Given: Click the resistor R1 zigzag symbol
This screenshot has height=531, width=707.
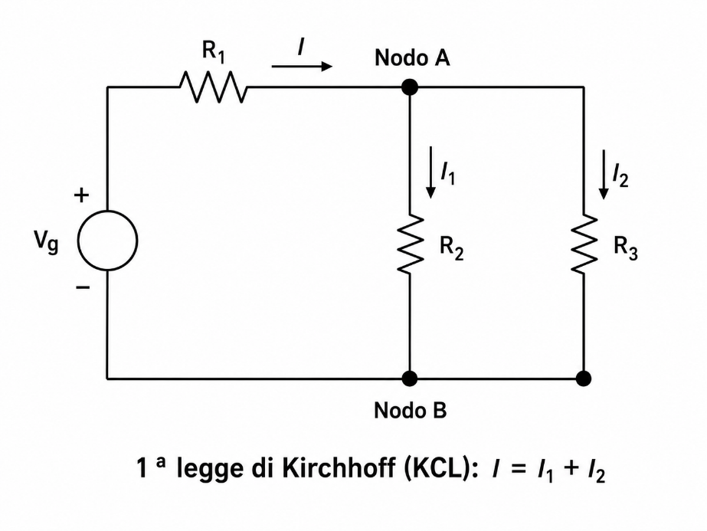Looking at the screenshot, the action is coord(213,87).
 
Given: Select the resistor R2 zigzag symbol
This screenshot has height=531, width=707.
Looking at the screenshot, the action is coord(410,244).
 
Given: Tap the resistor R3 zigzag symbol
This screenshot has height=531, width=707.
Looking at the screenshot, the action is coord(584,244).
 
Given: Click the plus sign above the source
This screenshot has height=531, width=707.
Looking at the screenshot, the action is coord(82,196).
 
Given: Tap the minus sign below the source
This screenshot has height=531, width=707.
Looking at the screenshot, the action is coord(83,287).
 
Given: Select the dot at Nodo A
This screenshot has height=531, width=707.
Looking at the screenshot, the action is coord(409,87).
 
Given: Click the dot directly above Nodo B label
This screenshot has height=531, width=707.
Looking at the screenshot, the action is coord(409,379).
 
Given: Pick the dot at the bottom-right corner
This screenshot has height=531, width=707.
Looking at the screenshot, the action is coord(584,379).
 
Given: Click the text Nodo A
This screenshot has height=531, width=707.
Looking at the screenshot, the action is coord(412,58).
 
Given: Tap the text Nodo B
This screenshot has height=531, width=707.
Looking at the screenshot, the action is coord(411,411).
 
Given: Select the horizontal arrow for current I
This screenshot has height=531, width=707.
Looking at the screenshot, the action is coord(302,67).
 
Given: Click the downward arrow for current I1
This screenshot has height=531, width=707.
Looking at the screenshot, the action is coord(431,172).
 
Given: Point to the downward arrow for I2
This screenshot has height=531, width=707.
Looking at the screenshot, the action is coord(604,174).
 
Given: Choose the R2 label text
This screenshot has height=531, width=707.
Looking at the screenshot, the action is coord(451,248).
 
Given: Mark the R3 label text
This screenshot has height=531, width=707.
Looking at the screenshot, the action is coord(625,248).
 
